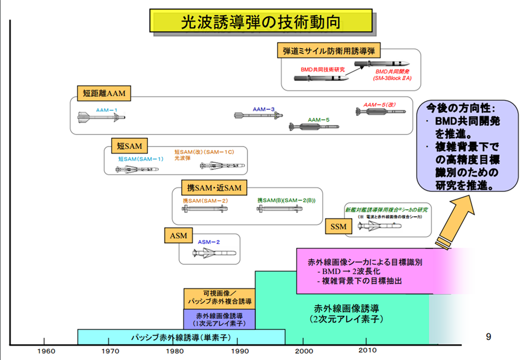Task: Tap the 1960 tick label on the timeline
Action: (45, 351)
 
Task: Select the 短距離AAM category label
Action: (104, 93)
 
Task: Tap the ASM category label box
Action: (178, 235)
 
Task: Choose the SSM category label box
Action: (339, 227)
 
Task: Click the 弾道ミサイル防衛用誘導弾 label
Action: (329, 51)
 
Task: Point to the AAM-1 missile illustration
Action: (101, 118)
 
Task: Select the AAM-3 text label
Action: (263, 109)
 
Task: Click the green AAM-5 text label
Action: (319, 120)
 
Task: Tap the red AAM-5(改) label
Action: (379, 105)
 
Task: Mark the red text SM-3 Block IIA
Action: (392, 79)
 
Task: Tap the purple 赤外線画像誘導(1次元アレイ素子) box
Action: (219, 319)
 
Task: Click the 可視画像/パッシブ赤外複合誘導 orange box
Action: (219, 298)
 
